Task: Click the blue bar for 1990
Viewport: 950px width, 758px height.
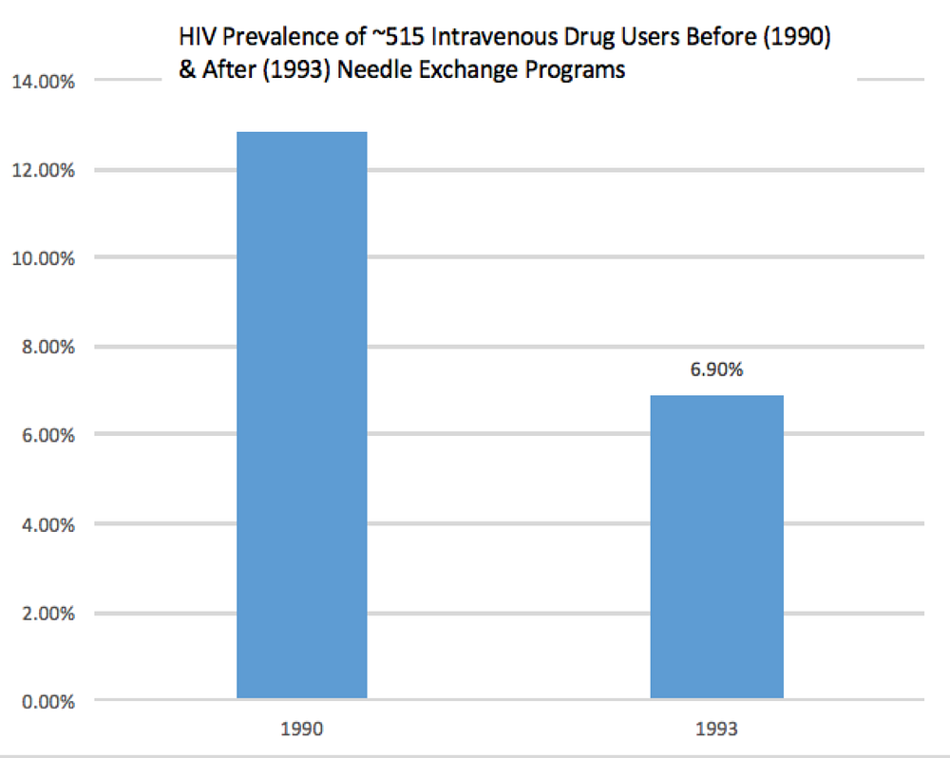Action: coord(301,415)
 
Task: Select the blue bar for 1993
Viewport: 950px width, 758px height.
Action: coord(716,547)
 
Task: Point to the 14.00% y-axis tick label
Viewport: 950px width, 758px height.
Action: coord(44,82)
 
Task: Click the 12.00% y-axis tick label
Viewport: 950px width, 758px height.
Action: coord(44,171)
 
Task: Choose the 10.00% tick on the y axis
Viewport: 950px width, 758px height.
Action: coord(44,258)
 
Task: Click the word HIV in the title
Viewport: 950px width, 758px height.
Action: coord(194,39)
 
